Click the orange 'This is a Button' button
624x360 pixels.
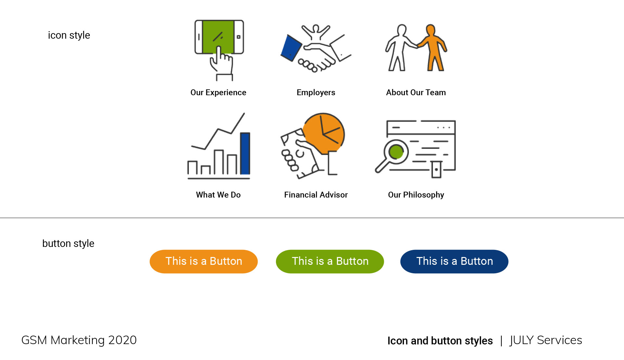[x=204, y=262]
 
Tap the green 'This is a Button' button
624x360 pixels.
[x=330, y=262]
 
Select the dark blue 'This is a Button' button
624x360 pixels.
[x=454, y=262]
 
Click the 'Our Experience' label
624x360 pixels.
[x=218, y=93]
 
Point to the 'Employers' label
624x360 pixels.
[x=316, y=93]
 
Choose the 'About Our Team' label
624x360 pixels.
[x=416, y=93]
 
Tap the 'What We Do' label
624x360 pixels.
[x=218, y=195]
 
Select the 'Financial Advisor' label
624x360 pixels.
[x=316, y=195]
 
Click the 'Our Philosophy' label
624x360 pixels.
[x=416, y=195]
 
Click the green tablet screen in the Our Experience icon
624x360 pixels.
[x=218, y=37]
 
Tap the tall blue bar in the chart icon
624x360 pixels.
[x=245, y=153]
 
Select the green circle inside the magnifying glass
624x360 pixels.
[x=396, y=152]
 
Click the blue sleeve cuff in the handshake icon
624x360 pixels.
[x=291, y=48]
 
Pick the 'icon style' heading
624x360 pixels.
[x=69, y=35]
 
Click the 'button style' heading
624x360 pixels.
[x=68, y=243]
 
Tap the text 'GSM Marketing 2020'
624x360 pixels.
[x=79, y=340]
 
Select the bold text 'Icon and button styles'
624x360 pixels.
[x=440, y=341]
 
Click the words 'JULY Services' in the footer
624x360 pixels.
[x=546, y=340]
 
